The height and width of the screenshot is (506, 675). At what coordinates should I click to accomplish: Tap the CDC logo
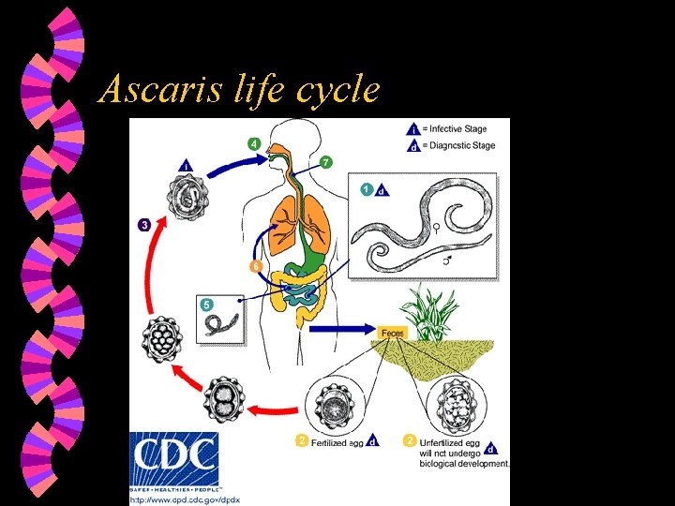(x=173, y=459)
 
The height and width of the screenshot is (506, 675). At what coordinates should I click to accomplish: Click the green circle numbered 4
(x=254, y=143)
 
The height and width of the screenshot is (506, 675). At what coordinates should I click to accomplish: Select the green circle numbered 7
(x=325, y=162)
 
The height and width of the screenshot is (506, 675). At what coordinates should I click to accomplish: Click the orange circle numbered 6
(x=255, y=266)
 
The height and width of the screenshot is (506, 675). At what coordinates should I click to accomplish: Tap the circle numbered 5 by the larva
(x=207, y=304)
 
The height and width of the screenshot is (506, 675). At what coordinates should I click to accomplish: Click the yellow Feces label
(x=394, y=332)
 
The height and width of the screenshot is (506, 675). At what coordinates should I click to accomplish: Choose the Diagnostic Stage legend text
(x=457, y=145)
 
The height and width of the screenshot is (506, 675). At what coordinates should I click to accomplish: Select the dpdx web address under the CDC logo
(x=185, y=499)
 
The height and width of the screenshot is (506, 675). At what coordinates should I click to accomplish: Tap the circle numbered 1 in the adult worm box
(x=367, y=189)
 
